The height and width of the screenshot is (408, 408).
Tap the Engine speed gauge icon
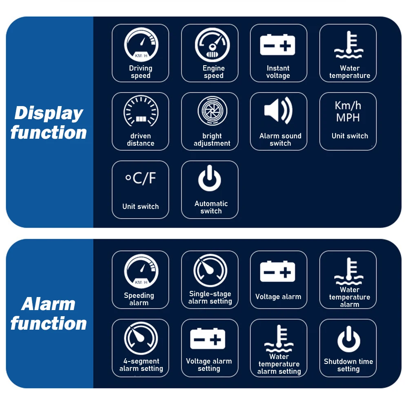coord(212,44)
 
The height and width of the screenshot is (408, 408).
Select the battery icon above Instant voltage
coord(278,45)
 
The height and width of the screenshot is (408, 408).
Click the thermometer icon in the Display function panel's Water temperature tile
coord(348,44)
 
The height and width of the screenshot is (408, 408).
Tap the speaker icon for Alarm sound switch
coord(278,111)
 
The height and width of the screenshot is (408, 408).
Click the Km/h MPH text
coord(348,111)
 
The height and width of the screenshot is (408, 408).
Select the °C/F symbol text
coord(140,178)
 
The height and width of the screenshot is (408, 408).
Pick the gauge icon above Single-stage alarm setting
coord(210,271)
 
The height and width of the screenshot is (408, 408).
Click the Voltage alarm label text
coord(278,297)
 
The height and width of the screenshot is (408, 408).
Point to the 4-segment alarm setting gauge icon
coord(141,339)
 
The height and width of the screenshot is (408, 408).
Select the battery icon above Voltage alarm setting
coord(208,339)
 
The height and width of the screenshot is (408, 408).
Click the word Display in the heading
coord(49,113)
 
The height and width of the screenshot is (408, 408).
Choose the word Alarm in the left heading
coord(48,304)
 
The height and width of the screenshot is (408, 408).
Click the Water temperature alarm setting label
coord(279,364)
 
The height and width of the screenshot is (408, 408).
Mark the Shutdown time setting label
coord(348,365)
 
